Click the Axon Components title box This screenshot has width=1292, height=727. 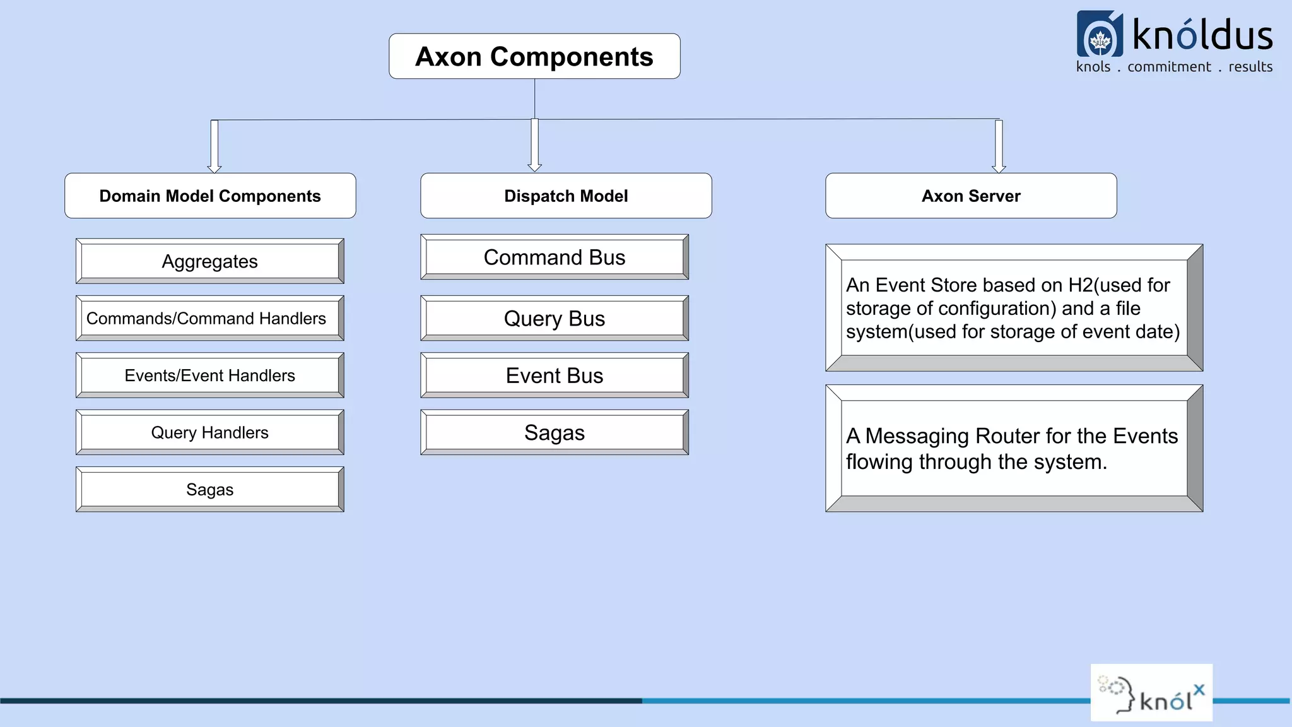tap(534, 57)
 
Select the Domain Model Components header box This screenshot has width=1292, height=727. tap(210, 196)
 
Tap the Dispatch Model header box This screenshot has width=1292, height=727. tap(566, 196)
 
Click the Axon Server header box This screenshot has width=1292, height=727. tap(971, 196)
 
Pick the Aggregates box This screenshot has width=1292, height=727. tap(209, 261)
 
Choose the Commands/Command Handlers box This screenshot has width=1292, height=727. tap(209, 319)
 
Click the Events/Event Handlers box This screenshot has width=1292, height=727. tap(209, 375)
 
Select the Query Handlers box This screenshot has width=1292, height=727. tap(209, 433)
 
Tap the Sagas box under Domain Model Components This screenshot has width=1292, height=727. tap(209, 490)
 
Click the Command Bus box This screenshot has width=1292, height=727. tap(555, 257)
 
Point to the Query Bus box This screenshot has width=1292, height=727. tap(555, 319)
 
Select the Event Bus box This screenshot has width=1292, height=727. tap(555, 375)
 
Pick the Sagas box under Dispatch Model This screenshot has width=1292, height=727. tap(555, 433)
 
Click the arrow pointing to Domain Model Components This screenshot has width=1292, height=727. tap(214, 147)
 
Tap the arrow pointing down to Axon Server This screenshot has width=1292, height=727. tap(999, 147)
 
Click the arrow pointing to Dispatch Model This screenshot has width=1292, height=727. tap(535, 146)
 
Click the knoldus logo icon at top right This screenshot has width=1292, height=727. tap(1100, 35)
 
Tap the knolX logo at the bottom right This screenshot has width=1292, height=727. tap(1151, 693)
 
